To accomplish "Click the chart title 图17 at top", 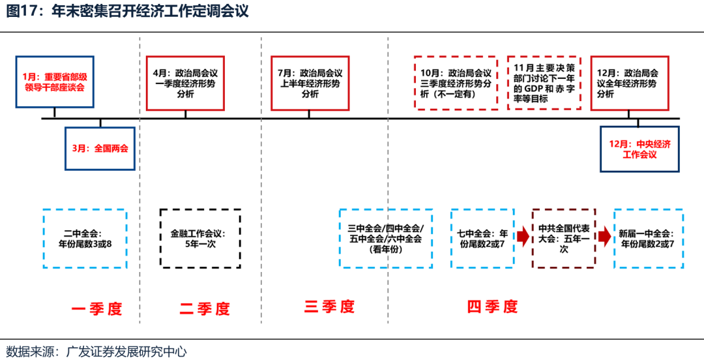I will pos(126,11).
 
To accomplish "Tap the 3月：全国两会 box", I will pos(100,148).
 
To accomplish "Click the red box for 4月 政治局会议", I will pos(185,83).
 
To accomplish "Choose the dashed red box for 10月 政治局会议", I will pos(456,83).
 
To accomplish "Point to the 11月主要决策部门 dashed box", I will pos(544,83).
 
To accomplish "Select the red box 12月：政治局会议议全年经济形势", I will pos(630,83).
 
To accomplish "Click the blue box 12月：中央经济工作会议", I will pos(639,149).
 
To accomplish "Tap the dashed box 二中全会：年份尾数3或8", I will pos(85,238).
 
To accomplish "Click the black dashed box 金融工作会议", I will pos(200,238).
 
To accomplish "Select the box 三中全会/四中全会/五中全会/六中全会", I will pos(385,238).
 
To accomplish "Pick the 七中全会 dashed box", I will pos(482,238).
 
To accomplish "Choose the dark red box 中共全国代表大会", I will pos(563,238).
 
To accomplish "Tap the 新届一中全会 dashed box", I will pos(649,238).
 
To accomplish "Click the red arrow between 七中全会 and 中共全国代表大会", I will pos(523,237).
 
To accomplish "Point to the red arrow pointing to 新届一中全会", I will pos(604,237).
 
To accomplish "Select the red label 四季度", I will pos(492,307).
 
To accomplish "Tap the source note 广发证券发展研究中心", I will pos(126,352).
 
